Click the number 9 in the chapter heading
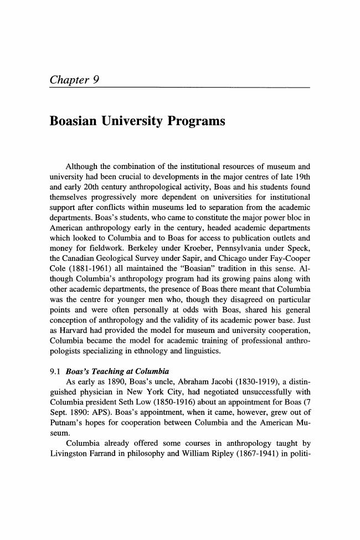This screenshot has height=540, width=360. pos(96,80)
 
